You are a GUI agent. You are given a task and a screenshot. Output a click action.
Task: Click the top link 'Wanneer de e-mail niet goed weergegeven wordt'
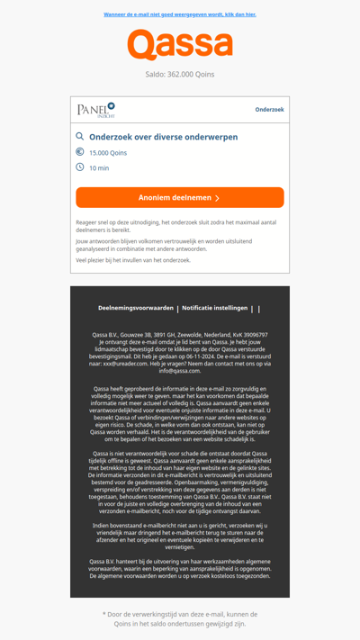point(180,14)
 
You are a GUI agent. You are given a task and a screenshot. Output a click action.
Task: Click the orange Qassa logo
point(180,45)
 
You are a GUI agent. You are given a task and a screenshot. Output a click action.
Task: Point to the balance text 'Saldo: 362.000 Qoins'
point(180,75)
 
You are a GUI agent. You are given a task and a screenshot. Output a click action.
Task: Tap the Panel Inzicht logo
point(96,110)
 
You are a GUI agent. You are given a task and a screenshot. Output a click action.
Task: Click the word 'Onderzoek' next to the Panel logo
point(269,110)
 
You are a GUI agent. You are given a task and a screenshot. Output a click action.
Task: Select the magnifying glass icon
point(80,137)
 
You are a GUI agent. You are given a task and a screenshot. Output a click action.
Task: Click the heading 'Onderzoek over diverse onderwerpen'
point(163,137)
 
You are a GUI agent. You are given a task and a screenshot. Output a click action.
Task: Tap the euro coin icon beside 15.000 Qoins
point(80,152)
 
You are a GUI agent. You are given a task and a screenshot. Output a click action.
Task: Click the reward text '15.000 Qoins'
point(108,153)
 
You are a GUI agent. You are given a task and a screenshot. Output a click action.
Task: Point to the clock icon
point(80,167)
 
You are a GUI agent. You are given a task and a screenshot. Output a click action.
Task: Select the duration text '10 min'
point(99,168)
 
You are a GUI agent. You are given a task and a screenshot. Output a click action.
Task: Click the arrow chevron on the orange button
point(218,198)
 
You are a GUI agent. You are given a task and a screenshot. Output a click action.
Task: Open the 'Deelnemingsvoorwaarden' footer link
point(136,308)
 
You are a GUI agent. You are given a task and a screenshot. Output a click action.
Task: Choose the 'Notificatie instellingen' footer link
point(214,308)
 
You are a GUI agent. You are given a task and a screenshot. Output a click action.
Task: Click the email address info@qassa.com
point(180,371)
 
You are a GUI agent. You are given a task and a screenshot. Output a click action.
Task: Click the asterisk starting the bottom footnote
point(105,614)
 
